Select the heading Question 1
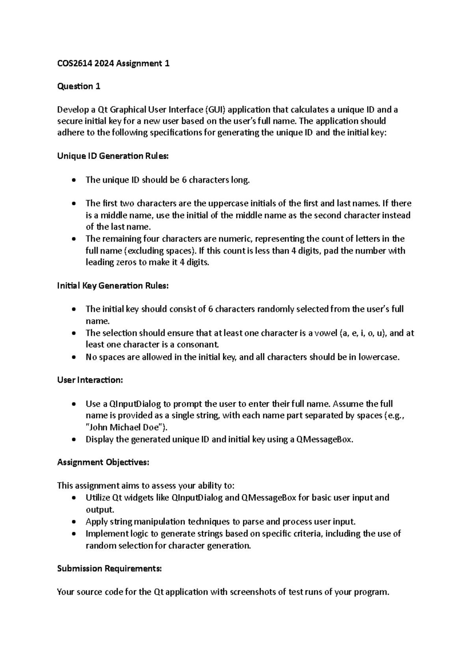78,86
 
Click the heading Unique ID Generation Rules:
113,156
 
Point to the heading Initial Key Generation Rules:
113,286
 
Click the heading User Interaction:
90,380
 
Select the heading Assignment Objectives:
103,462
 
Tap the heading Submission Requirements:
109,568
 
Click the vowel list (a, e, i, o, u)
363,333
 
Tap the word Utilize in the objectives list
98,498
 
